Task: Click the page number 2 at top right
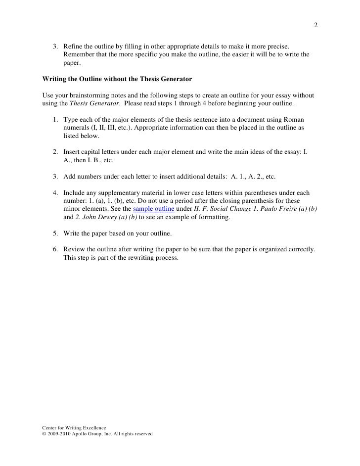pyautogui.click(x=315, y=26)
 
